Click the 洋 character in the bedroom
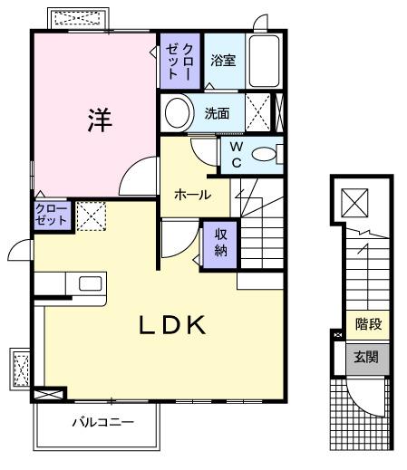pyautogui.click(x=98, y=120)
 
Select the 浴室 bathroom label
pyautogui.click(x=224, y=62)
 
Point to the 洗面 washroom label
pyautogui.click(x=218, y=114)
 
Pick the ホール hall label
pyautogui.click(x=193, y=195)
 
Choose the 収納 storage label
pyautogui.click(x=221, y=242)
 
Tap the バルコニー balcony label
pyautogui.click(x=102, y=422)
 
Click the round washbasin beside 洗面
pyautogui.click(x=178, y=114)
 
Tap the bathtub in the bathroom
pyautogui.click(x=266, y=62)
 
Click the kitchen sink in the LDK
pyautogui.click(x=91, y=283)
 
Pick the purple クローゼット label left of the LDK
pyautogui.click(x=51, y=216)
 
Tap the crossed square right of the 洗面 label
pyautogui.click(x=258, y=114)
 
